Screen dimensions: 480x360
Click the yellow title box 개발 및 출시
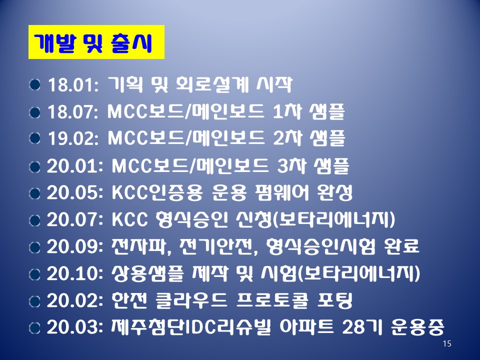(96, 42)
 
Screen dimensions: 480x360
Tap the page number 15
(447, 343)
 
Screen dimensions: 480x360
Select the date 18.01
(72, 85)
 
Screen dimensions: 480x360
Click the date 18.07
(72, 111)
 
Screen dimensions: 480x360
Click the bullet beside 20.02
(34, 301)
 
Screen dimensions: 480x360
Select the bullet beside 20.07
(34, 220)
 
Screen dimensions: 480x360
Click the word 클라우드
(191, 300)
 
